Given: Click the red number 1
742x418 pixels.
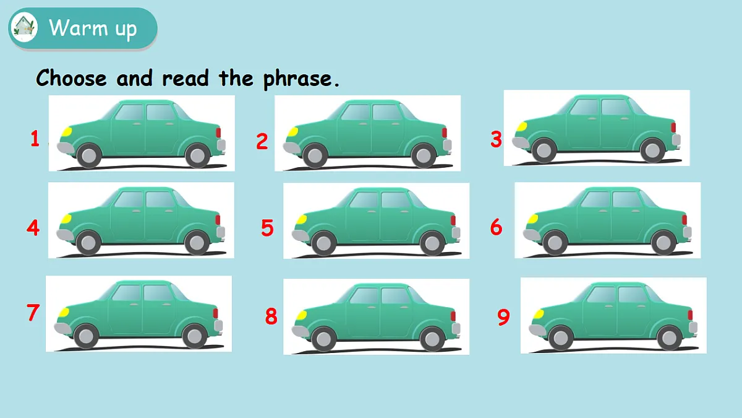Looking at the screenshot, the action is pyautogui.click(x=35, y=138).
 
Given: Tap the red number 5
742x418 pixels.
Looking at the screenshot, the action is pyautogui.click(x=267, y=228).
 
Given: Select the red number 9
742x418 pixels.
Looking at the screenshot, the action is pyautogui.click(x=503, y=317).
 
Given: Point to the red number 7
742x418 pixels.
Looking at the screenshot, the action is pyautogui.click(x=33, y=312).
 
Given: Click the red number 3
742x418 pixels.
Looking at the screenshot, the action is pyautogui.click(x=496, y=139).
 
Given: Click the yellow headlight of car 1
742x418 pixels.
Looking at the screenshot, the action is pyautogui.click(x=66, y=132).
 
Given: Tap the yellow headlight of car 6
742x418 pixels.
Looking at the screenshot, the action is pyautogui.click(x=532, y=219).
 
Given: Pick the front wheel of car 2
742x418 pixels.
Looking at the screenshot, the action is pyautogui.click(x=315, y=155).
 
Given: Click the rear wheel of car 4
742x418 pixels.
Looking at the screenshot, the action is pyautogui.click(x=197, y=243).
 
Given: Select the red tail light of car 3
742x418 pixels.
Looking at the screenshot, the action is pyautogui.click(x=673, y=128).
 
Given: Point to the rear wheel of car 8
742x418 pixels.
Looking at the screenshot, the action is pyautogui.click(x=432, y=339).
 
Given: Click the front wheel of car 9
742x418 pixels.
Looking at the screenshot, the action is pyautogui.click(x=561, y=337).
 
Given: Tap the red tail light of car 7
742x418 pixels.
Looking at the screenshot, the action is pyautogui.click(x=215, y=313).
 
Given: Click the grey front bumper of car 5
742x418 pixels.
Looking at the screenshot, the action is pyautogui.click(x=300, y=235).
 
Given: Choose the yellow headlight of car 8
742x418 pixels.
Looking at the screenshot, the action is pyautogui.click(x=301, y=315).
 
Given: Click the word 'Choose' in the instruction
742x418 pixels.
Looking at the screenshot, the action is pyautogui.click(x=71, y=78).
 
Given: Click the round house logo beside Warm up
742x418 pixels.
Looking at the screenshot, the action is pyautogui.click(x=24, y=27).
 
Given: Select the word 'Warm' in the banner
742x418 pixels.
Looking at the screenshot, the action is pyautogui.click(x=78, y=27).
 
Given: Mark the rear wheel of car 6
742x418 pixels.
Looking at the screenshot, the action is pyautogui.click(x=663, y=243).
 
